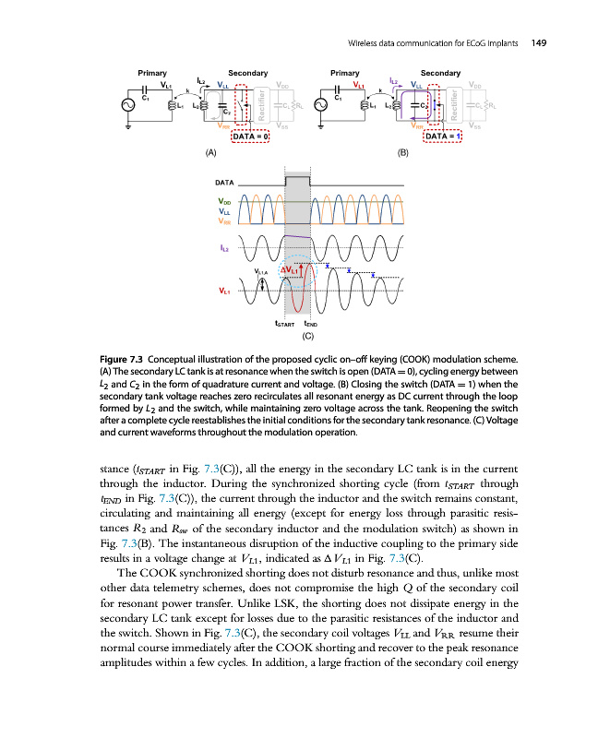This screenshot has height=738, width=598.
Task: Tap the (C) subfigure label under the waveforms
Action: [x=310, y=336]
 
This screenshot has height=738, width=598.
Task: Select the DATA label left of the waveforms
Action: [x=227, y=184]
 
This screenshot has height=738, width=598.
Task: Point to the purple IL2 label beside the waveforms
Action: [x=224, y=247]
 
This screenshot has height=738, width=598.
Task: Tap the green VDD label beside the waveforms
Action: [x=224, y=201]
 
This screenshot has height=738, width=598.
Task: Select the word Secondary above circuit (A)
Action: [x=247, y=72]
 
